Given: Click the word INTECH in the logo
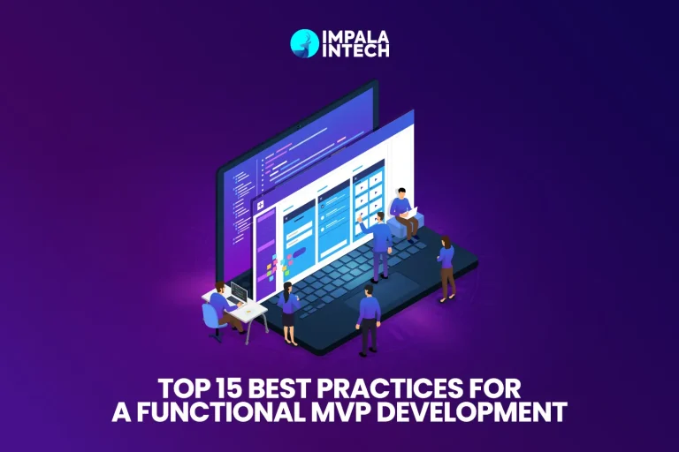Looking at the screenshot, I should [351, 52].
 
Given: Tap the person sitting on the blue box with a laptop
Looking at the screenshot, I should [402, 212].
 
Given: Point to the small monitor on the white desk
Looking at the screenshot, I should [239, 292].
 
